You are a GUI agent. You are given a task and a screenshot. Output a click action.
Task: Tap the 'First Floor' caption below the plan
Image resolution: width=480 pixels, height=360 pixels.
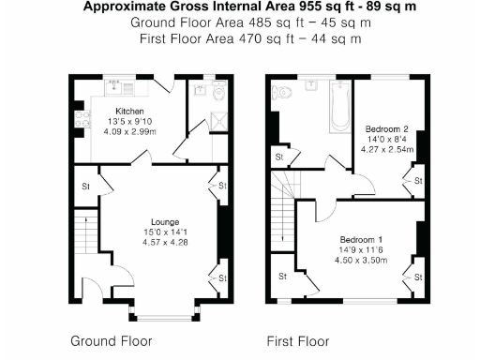coord(298,340)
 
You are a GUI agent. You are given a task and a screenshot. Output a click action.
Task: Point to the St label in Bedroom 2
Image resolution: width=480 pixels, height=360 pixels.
coord(416,179)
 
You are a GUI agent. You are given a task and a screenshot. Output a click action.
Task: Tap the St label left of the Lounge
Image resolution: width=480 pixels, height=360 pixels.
coord(84,185)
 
